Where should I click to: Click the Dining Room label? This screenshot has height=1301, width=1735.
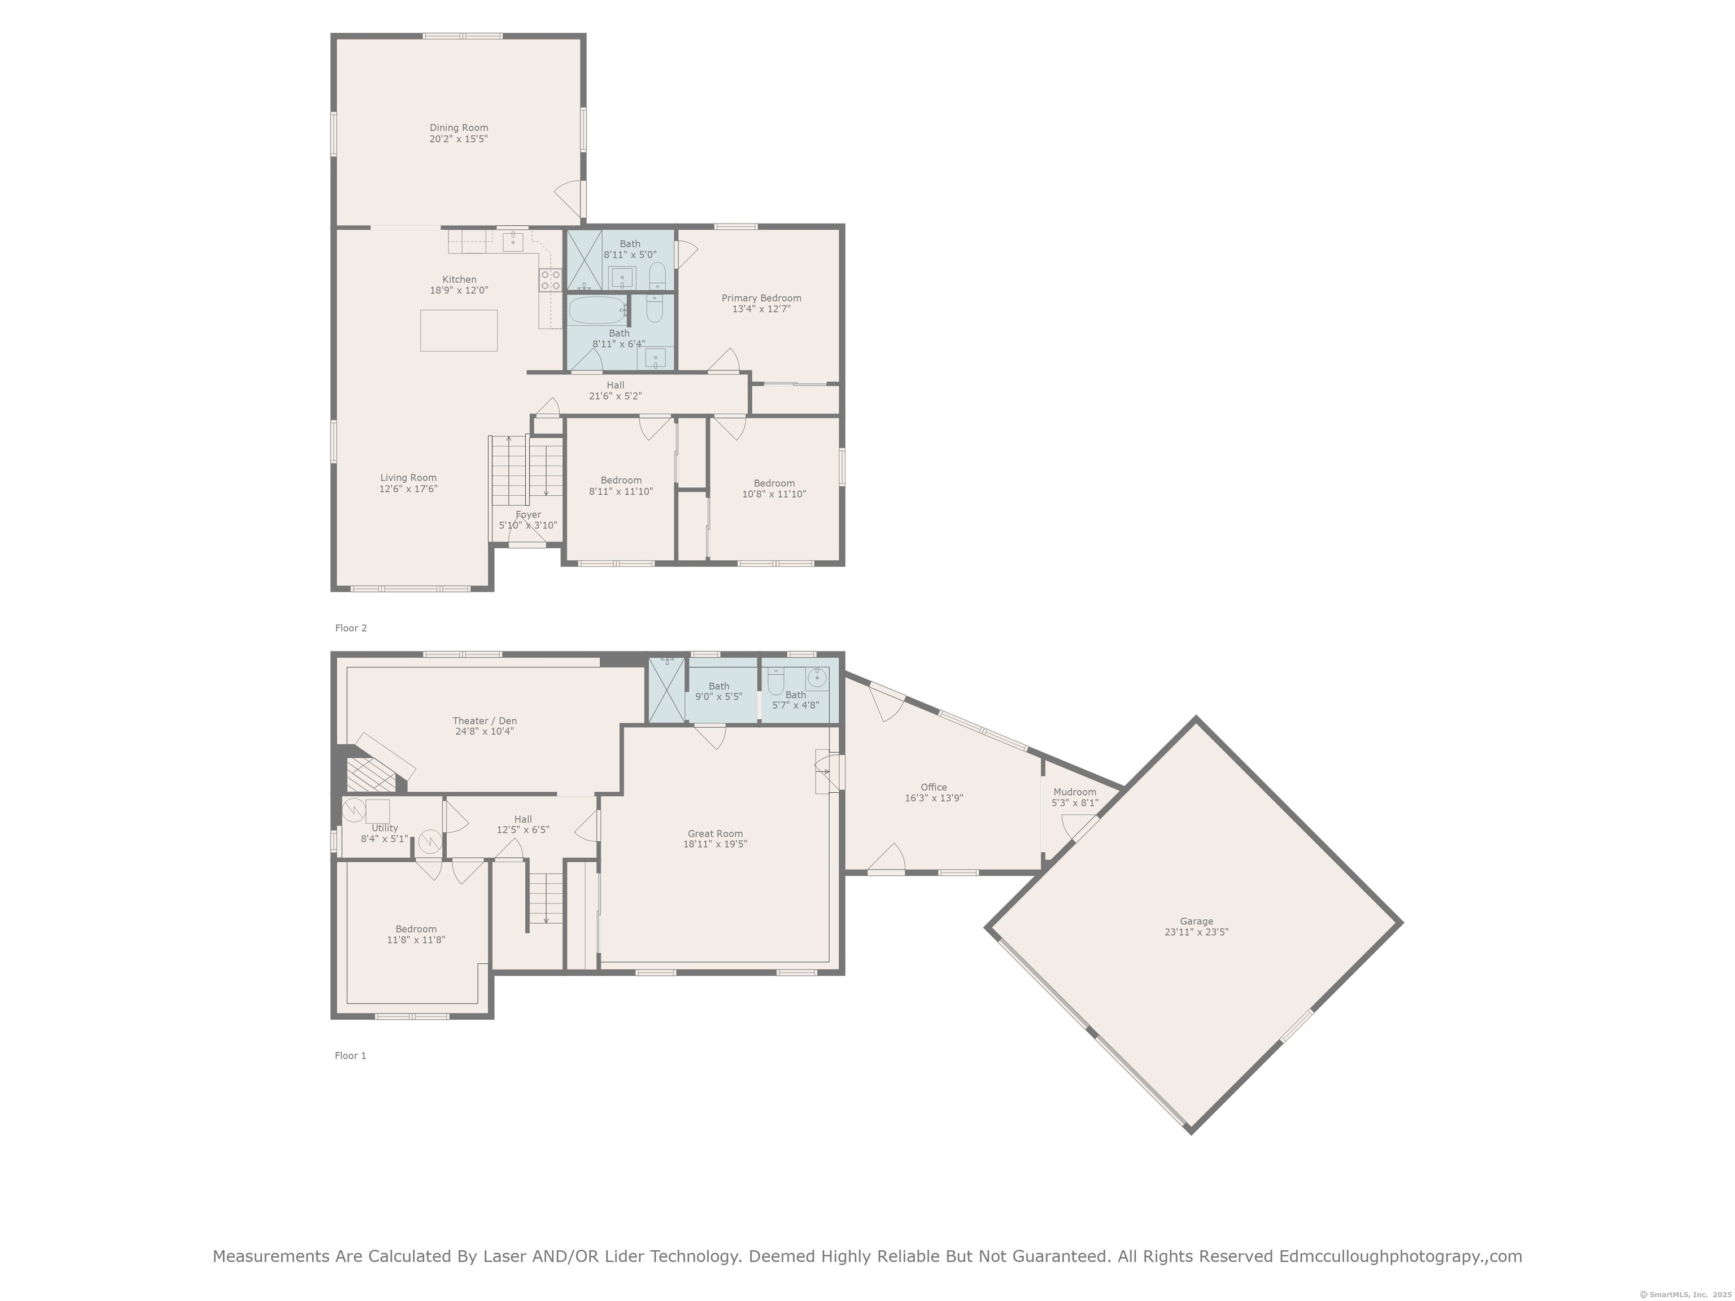tap(459, 128)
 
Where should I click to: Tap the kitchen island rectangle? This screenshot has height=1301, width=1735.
tap(459, 330)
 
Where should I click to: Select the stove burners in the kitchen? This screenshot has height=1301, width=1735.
tap(550, 280)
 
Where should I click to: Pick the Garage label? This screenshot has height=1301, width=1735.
tap(1196, 922)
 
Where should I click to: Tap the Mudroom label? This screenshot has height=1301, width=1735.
tap(1075, 792)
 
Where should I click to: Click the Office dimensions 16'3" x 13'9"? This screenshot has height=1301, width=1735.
tap(934, 798)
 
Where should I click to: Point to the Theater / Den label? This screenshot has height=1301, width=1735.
tap(485, 721)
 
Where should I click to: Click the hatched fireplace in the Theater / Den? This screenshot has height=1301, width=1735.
tap(371, 775)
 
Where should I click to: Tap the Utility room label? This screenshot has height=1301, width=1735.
tap(385, 828)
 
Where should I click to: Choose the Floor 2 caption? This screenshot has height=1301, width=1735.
tap(351, 628)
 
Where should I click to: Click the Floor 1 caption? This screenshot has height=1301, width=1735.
tap(351, 1055)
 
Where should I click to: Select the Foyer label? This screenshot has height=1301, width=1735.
tap(528, 515)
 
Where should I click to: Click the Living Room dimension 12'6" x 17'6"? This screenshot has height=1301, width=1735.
tap(408, 488)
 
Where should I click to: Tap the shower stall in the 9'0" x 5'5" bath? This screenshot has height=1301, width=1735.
tap(666, 689)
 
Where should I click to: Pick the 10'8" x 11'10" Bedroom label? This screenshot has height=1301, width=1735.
tap(774, 488)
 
